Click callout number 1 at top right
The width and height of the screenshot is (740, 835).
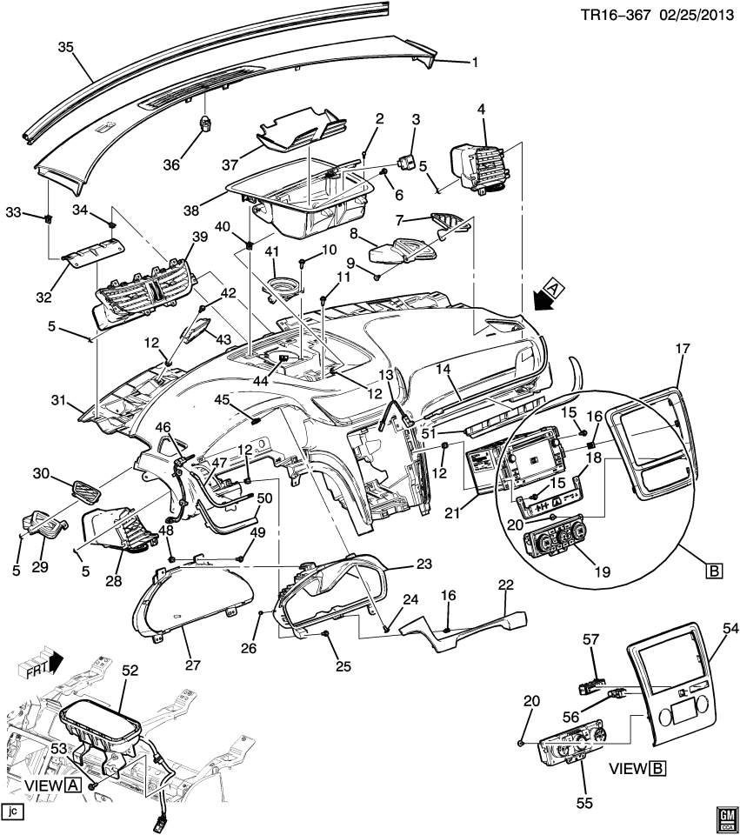pyautogui.click(x=475, y=62)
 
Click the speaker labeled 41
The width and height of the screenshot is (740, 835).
pyautogui.click(x=280, y=288)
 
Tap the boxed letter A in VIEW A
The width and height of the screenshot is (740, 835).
pyautogui.click(x=73, y=785)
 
